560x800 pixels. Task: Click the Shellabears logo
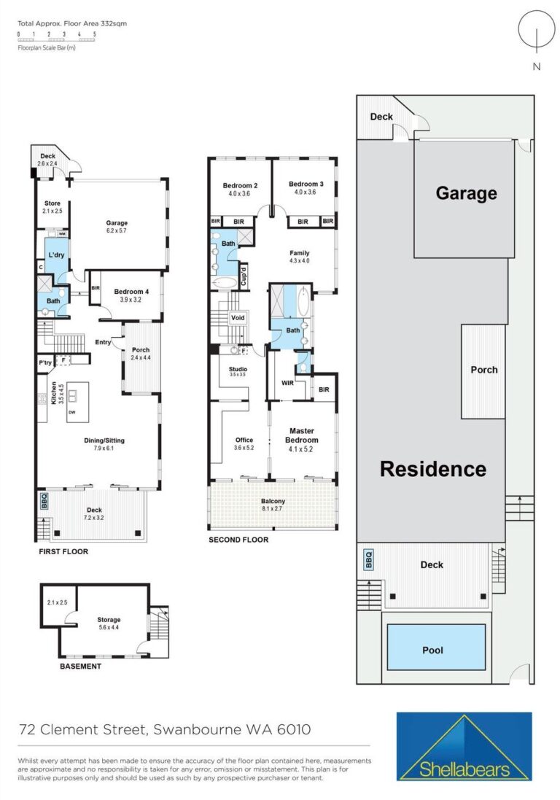click(x=464, y=747)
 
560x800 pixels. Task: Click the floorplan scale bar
click(x=56, y=36)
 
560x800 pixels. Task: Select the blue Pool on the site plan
click(x=436, y=647)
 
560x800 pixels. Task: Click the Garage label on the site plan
click(x=466, y=193)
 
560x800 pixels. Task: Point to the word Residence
click(x=433, y=469)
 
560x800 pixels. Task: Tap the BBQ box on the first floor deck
click(x=43, y=501)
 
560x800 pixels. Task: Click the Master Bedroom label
click(x=301, y=435)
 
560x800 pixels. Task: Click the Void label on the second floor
click(x=238, y=317)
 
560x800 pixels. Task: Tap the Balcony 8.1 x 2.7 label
click(x=273, y=505)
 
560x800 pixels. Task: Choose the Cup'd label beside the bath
click(x=244, y=276)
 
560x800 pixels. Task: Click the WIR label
click(x=287, y=383)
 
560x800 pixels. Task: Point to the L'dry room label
click(x=56, y=255)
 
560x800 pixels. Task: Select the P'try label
click(x=45, y=362)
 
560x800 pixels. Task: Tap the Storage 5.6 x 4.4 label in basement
click(x=109, y=623)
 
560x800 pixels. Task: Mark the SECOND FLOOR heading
click(x=238, y=539)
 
